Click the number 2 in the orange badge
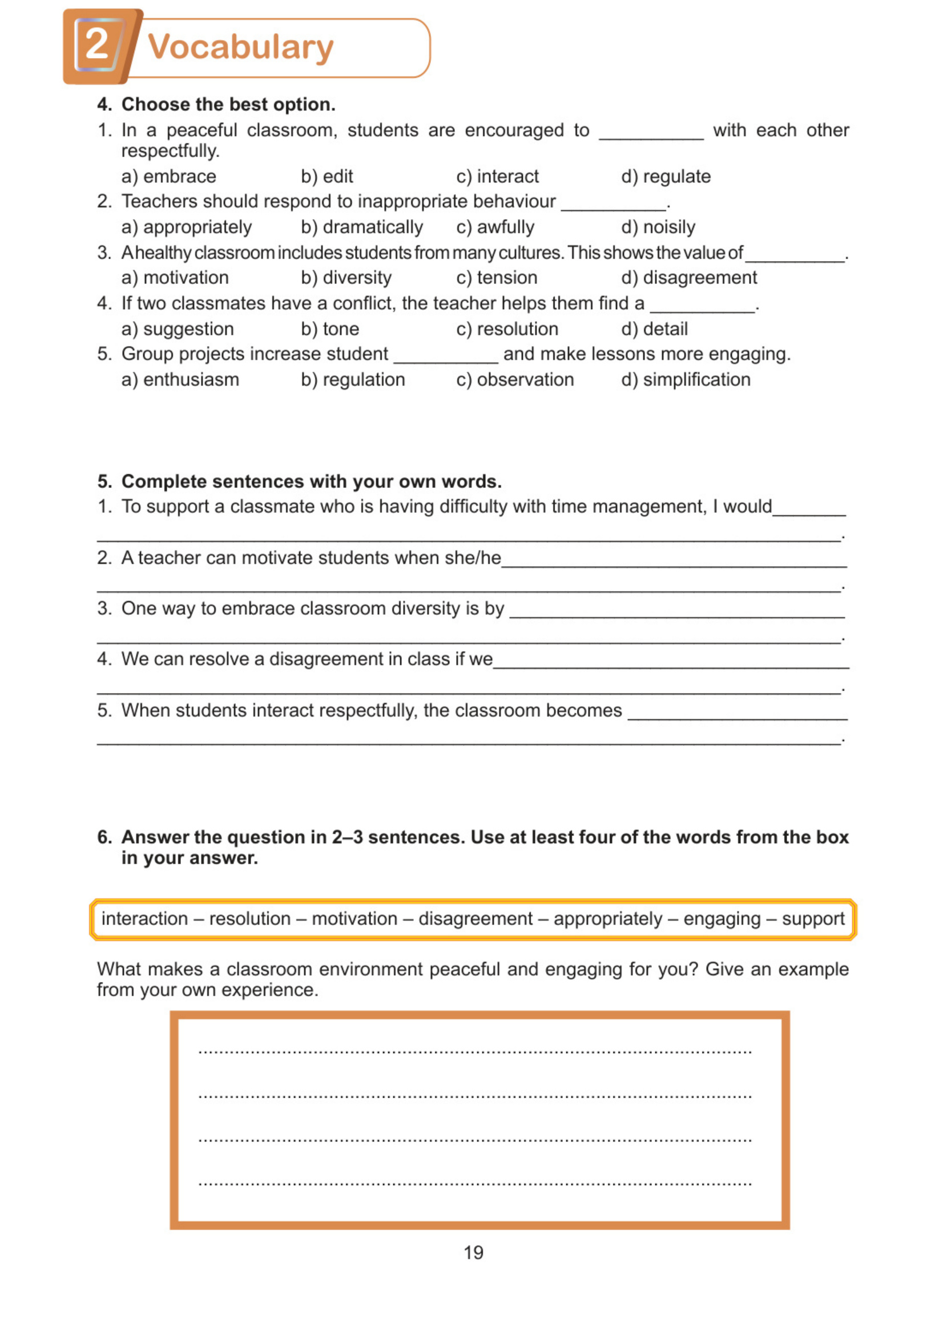[x=97, y=45]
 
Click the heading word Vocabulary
[x=240, y=47]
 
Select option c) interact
[x=497, y=176]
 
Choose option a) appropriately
[x=187, y=227]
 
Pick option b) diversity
[x=346, y=278]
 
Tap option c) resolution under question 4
[x=507, y=329]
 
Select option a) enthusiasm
[x=180, y=380]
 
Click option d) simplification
[x=686, y=380]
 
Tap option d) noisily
[x=658, y=227]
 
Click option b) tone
[x=330, y=329]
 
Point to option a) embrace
[x=169, y=176]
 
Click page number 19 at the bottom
[x=473, y=1253]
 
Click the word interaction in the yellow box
[x=144, y=919]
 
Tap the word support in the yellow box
[x=813, y=919]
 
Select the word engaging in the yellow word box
[x=722, y=919]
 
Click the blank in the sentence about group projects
[x=445, y=356]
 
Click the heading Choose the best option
[x=228, y=105]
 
